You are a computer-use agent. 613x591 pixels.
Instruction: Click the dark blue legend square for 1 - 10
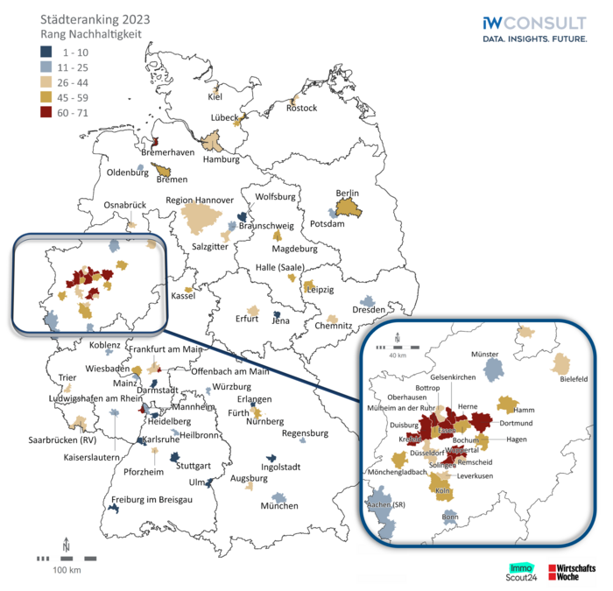[46, 53]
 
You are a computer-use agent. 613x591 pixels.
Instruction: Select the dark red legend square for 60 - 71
[46, 113]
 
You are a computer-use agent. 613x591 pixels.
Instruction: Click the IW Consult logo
[534, 27]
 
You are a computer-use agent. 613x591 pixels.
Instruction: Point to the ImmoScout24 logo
[524, 570]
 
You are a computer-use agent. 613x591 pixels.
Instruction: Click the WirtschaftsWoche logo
[570, 571]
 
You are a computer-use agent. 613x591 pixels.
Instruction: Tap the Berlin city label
[348, 193]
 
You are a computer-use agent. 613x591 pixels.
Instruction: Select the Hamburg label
[221, 159]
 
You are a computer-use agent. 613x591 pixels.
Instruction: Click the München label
[279, 506]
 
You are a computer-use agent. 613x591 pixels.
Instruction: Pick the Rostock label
[301, 108]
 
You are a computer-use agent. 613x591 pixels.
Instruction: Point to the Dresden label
[369, 310]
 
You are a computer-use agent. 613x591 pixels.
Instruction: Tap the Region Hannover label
[200, 201]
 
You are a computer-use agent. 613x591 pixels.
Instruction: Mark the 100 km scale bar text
[66, 570]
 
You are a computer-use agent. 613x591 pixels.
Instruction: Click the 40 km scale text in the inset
[398, 355]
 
